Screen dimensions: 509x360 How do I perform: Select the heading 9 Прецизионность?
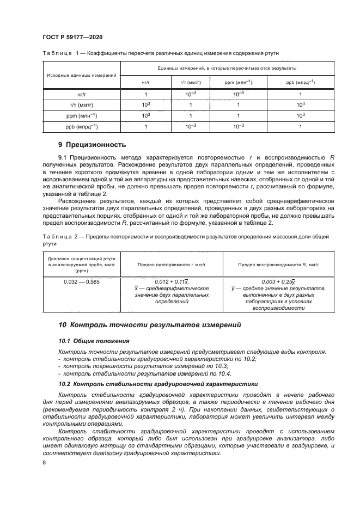coord(92,145)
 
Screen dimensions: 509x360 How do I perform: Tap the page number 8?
coord(44,462)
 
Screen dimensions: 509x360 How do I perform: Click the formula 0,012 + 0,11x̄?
coord(172,281)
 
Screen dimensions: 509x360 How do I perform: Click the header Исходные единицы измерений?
coord(81,75)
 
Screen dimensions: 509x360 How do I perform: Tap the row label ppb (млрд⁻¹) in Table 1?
coord(81,126)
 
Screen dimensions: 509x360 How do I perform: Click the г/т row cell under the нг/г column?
coord(145,105)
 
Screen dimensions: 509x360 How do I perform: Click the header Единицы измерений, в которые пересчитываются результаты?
coord(227,68)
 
